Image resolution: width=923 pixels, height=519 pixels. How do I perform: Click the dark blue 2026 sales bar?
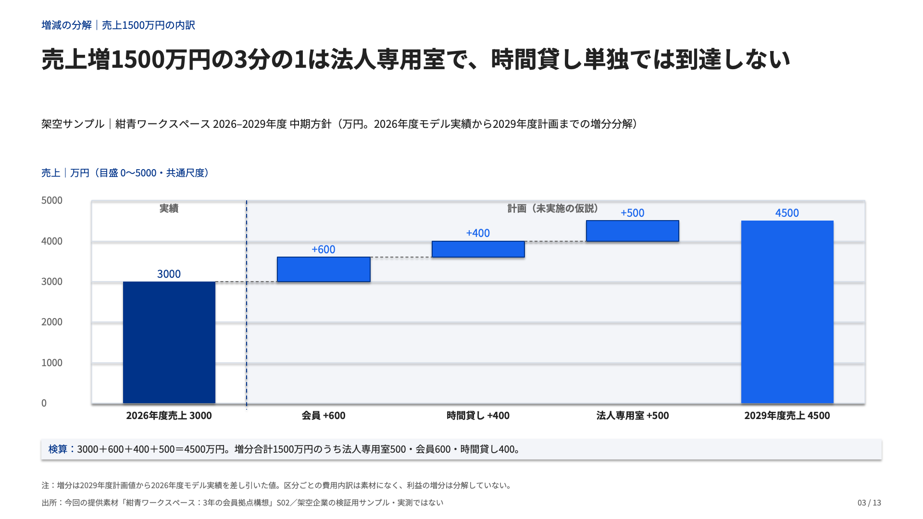(x=169, y=342)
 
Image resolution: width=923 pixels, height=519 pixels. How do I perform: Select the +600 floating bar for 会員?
(x=324, y=270)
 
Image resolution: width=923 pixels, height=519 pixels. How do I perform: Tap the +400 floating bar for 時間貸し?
(x=478, y=249)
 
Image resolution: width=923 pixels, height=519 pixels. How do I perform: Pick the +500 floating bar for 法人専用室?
(x=633, y=231)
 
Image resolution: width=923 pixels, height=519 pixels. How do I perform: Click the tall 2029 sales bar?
(x=787, y=312)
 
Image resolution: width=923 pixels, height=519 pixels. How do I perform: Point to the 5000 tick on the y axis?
(x=52, y=200)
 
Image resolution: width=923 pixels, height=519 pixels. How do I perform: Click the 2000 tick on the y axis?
(x=52, y=322)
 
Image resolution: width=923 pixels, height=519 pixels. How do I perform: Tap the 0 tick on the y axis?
(x=44, y=403)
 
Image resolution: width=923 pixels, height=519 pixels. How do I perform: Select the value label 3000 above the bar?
(x=169, y=274)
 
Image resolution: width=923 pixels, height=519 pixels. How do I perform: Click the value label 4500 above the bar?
(x=787, y=213)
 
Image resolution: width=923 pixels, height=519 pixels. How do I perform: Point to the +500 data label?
(x=632, y=213)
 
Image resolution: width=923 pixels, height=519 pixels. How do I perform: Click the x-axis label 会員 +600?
(x=324, y=416)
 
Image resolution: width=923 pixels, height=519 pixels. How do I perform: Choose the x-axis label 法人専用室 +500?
(x=633, y=416)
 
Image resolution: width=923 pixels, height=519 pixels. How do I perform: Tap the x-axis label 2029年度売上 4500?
(x=787, y=416)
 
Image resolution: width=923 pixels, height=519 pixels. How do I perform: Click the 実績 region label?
(x=169, y=209)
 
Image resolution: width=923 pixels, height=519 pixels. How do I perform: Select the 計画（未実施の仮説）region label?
(x=553, y=209)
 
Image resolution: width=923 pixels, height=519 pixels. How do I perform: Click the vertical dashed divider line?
(x=247, y=305)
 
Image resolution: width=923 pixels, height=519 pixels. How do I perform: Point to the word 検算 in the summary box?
(x=58, y=449)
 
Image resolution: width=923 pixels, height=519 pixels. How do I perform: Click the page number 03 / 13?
(x=869, y=503)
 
